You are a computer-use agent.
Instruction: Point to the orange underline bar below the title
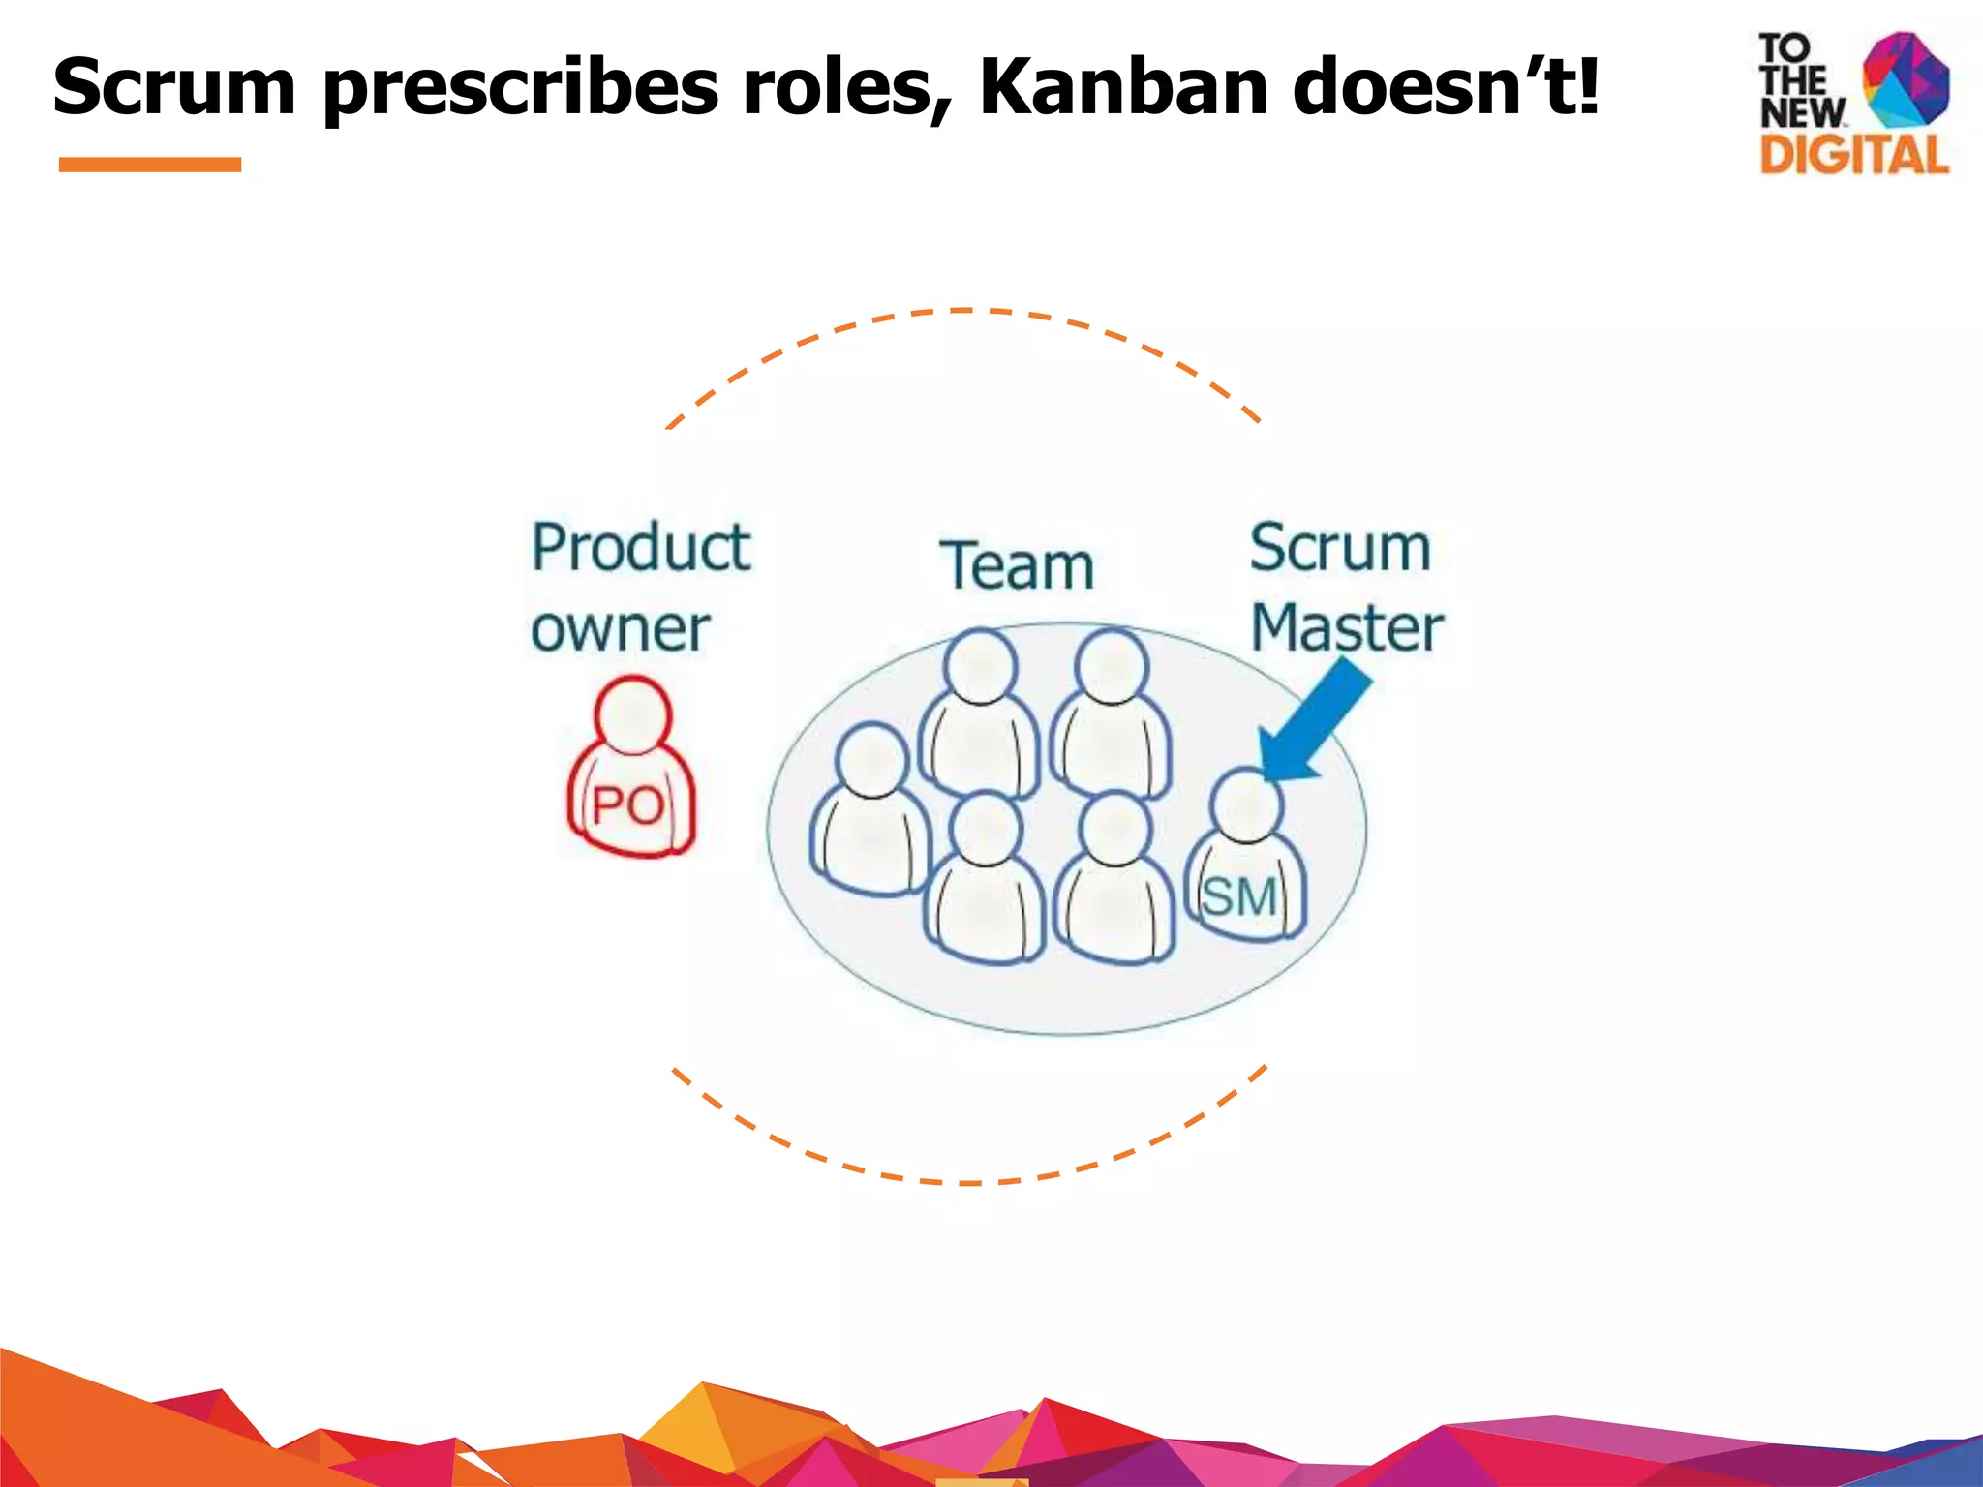click(150, 165)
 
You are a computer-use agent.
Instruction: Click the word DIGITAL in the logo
click(1853, 155)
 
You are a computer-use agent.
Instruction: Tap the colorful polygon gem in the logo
click(1906, 79)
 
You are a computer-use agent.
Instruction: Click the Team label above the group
click(1017, 565)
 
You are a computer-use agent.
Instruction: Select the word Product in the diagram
click(641, 548)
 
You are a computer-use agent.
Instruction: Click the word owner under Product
click(620, 629)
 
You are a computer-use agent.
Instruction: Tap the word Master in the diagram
click(1346, 627)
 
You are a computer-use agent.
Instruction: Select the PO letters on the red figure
click(627, 805)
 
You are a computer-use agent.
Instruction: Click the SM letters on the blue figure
click(1240, 896)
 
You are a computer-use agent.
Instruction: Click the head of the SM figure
click(1247, 804)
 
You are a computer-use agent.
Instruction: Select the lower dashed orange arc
click(968, 1181)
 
